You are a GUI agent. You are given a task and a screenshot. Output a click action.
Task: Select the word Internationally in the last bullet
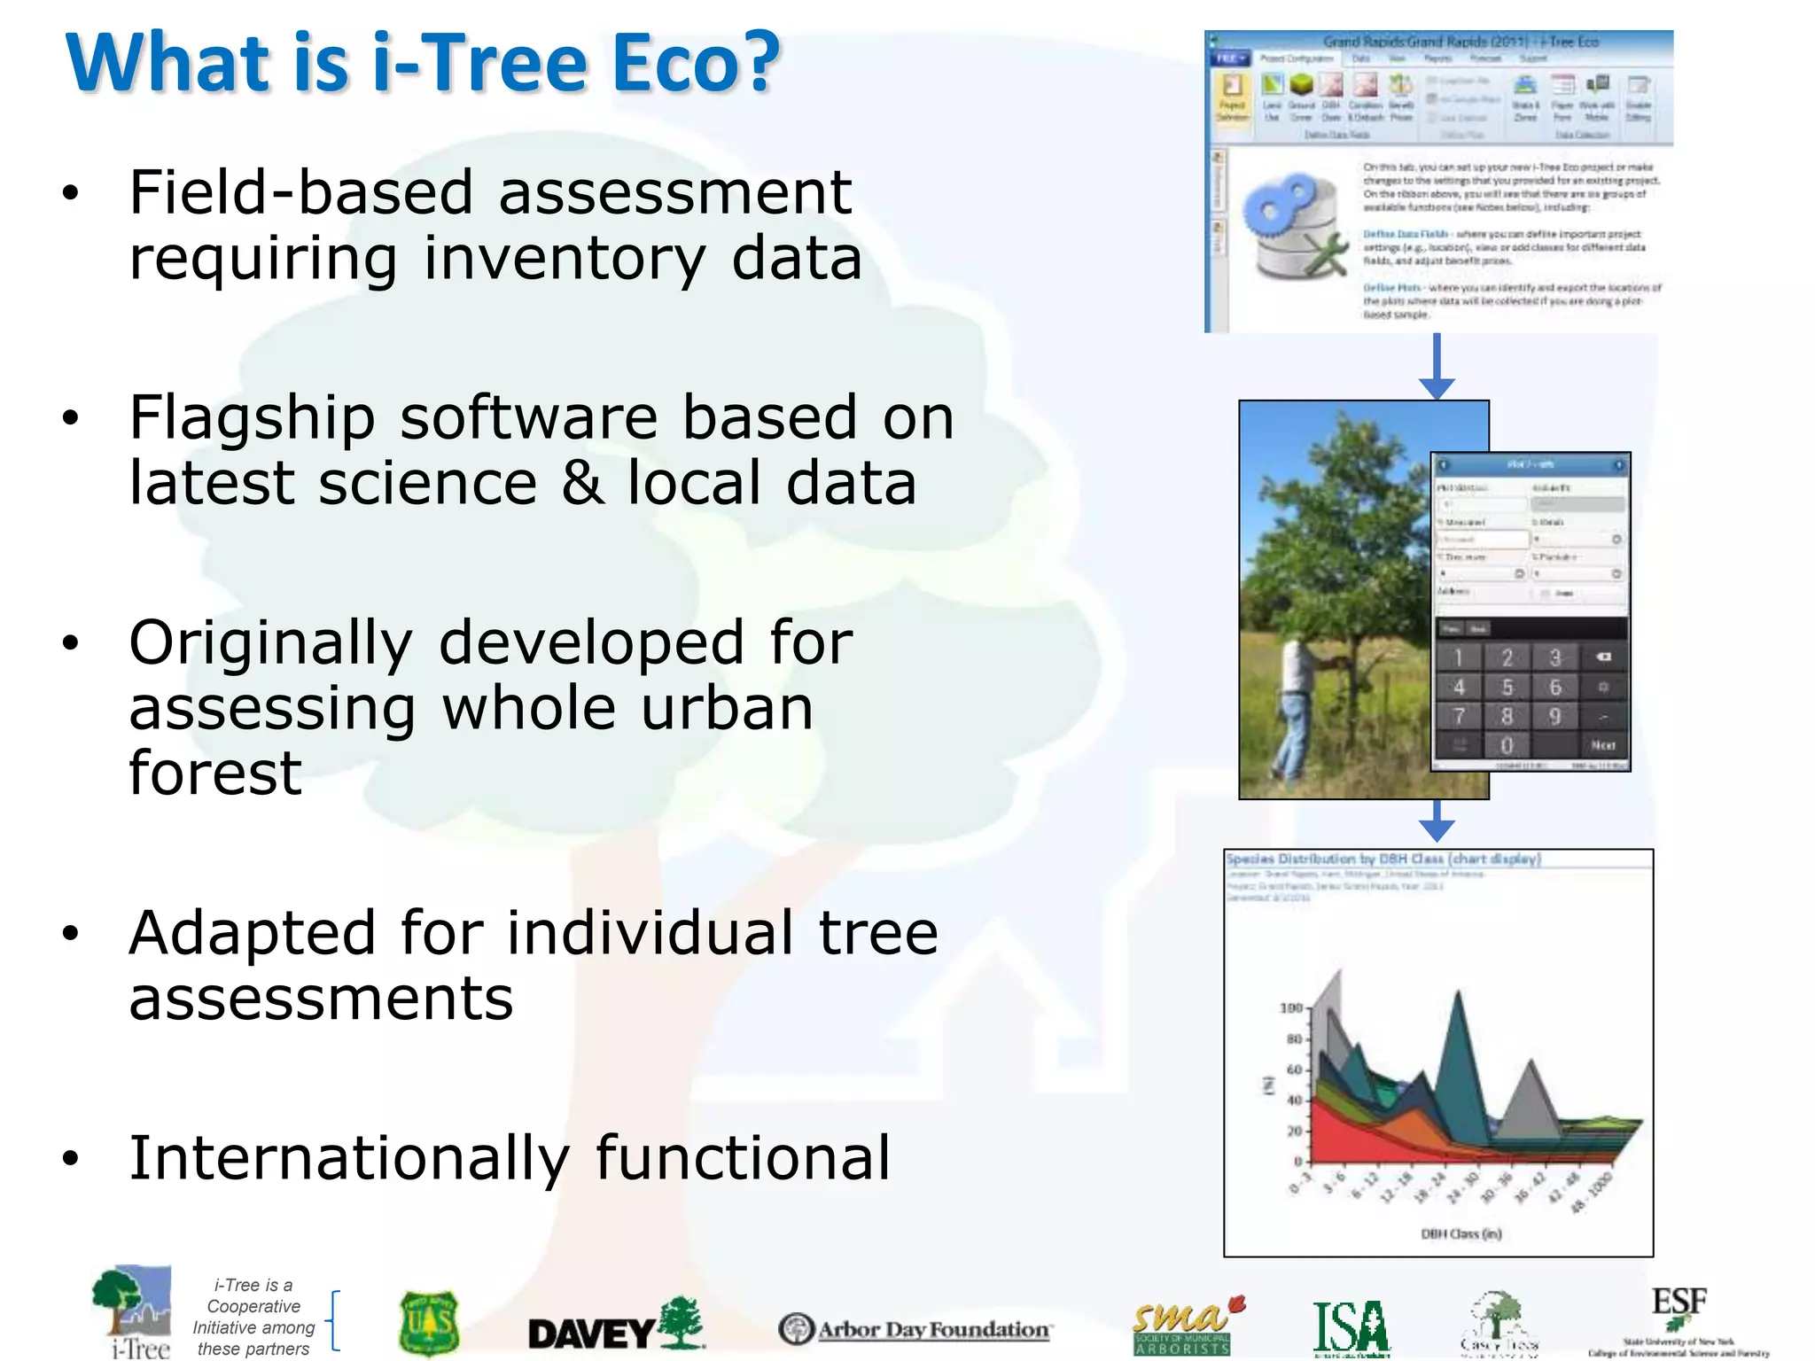(x=349, y=1158)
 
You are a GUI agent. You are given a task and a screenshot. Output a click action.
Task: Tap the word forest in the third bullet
(x=215, y=773)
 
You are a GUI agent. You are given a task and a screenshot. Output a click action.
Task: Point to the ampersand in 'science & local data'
(x=582, y=483)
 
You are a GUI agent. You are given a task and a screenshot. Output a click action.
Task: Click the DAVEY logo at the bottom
(x=615, y=1326)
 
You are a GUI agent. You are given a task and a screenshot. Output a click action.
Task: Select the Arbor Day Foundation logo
(x=915, y=1329)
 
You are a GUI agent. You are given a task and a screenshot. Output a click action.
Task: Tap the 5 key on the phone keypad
(x=1507, y=688)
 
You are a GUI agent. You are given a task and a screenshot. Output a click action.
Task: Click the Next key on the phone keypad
(x=1602, y=745)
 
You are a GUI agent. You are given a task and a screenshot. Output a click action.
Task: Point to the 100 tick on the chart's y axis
(x=1291, y=1008)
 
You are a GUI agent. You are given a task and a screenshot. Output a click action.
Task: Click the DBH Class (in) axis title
(x=1461, y=1233)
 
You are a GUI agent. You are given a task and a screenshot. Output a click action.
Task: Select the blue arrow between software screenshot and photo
(x=1437, y=366)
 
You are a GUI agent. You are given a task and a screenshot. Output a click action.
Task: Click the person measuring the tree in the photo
(x=1296, y=709)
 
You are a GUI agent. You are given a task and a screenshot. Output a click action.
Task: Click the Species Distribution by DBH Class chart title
(x=1383, y=859)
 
